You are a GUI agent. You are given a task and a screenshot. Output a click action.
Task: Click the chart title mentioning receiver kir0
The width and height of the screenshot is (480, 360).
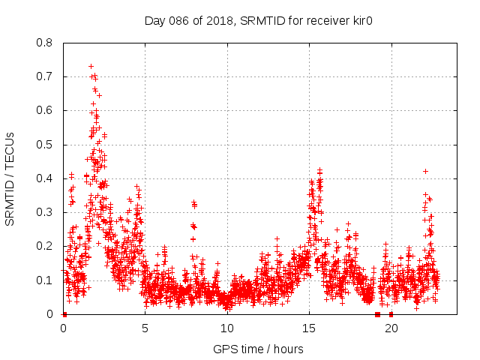(259, 20)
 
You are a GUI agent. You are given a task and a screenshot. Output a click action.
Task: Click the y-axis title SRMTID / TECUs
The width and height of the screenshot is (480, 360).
(10, 178)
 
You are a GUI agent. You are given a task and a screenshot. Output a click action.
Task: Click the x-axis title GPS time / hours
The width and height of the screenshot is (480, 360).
(258, 349)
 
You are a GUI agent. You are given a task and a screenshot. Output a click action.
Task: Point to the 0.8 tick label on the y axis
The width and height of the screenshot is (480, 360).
(45, 43)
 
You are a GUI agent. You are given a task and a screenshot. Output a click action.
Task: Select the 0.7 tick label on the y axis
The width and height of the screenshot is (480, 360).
(45, 76)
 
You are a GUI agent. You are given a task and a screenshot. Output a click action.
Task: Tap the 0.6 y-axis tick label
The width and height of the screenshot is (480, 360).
(45, 110)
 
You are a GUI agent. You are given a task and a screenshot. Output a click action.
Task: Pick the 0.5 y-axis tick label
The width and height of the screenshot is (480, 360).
(45, 145)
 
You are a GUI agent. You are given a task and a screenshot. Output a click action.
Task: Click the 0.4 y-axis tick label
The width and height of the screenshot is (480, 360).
(45, 178)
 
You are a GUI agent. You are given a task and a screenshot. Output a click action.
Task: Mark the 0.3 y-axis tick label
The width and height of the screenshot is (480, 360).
(45, 212)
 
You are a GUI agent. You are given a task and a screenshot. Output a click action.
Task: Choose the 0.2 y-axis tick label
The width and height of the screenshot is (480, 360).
(45, 246)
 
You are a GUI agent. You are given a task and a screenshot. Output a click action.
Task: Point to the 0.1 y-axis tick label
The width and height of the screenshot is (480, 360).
(45, 280)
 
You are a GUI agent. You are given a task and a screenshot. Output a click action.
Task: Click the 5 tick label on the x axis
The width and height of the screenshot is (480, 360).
(145, 328)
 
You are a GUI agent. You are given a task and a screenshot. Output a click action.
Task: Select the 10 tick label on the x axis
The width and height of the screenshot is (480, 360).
(227, 328)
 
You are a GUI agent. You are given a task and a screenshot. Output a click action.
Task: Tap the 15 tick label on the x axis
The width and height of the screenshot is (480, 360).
(310, 328)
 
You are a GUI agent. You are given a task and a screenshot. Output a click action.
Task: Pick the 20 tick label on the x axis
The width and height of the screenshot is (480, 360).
(391, 328)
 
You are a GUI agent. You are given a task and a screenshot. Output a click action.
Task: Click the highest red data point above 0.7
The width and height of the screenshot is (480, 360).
(91, 66)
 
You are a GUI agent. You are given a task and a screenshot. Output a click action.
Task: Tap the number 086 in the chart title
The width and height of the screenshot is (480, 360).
(179, 20)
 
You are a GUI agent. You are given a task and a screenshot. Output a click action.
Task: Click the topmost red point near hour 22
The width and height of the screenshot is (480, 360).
(425, 171)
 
